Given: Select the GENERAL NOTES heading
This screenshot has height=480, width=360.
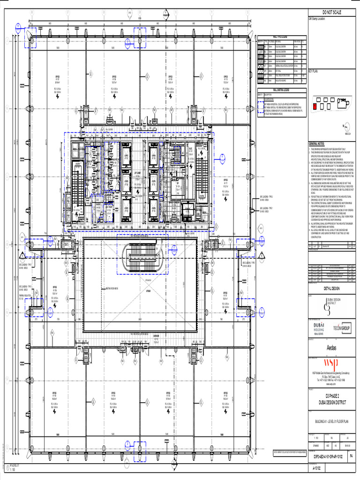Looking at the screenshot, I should pos(316,144).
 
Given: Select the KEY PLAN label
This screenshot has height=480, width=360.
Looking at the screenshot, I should pos(313,72).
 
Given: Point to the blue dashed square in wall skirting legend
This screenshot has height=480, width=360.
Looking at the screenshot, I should pos(260,108).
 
